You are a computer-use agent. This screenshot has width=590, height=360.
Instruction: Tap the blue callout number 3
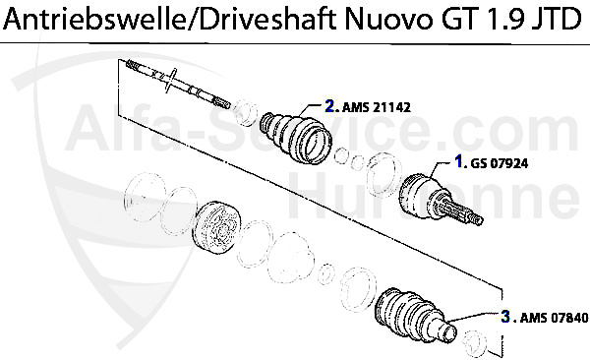[x=504, y=317]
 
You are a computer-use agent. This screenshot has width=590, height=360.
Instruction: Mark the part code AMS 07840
[x=553, y=318]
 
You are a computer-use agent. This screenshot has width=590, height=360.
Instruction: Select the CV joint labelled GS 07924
[x=428, y=198]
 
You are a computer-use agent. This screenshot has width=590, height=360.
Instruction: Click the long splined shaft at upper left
[x=177, y=84]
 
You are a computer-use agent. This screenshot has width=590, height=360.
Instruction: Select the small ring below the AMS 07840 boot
[x=473, y=342]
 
